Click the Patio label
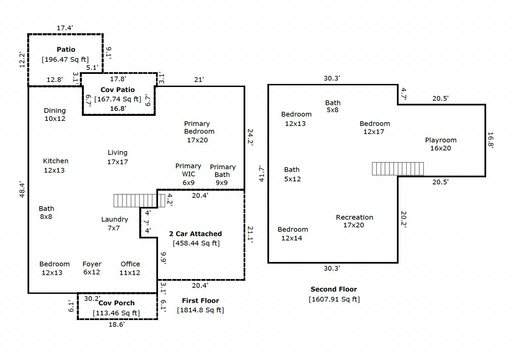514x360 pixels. (66, 49)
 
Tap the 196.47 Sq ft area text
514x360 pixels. (65, 59)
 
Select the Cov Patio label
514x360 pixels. (118, 90)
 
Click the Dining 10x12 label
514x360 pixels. (55, 115)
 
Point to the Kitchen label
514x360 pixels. (56, 161)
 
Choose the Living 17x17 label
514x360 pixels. (117, 157)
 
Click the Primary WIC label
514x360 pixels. (188, 174)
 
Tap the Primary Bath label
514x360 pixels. (222, 175)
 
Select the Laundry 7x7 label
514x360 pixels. (114, 224)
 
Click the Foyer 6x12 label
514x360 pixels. (92, 268)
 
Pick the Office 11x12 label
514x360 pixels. (130, 268)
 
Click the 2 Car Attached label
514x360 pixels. (195, 234)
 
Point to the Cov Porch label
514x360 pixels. (116, 303)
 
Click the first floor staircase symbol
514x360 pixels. (139, 200)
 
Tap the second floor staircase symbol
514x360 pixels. (398, 169)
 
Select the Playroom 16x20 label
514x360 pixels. (441, 144)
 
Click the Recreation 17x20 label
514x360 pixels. (354, 221)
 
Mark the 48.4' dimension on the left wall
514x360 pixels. (22, 190)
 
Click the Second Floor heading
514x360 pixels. (333, 289)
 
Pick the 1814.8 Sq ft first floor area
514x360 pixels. (200, 310)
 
